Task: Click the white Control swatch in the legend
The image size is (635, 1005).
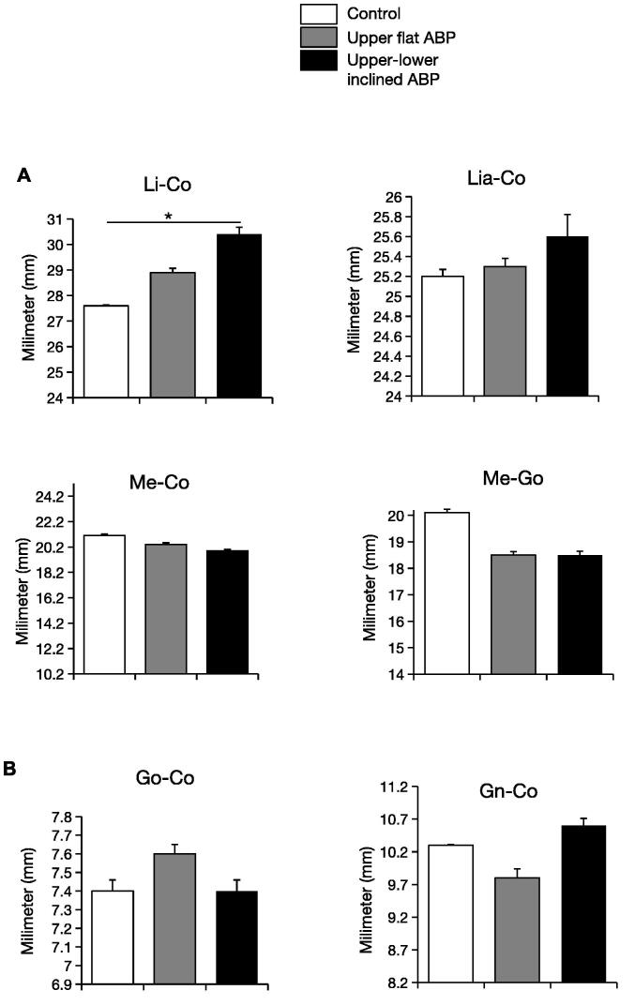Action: [318, 14]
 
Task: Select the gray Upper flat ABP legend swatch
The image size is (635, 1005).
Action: [318, 37]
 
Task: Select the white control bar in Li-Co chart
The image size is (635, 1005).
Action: [106, 352]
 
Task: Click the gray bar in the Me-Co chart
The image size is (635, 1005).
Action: [165, 608]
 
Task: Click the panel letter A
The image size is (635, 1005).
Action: [25, 174]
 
